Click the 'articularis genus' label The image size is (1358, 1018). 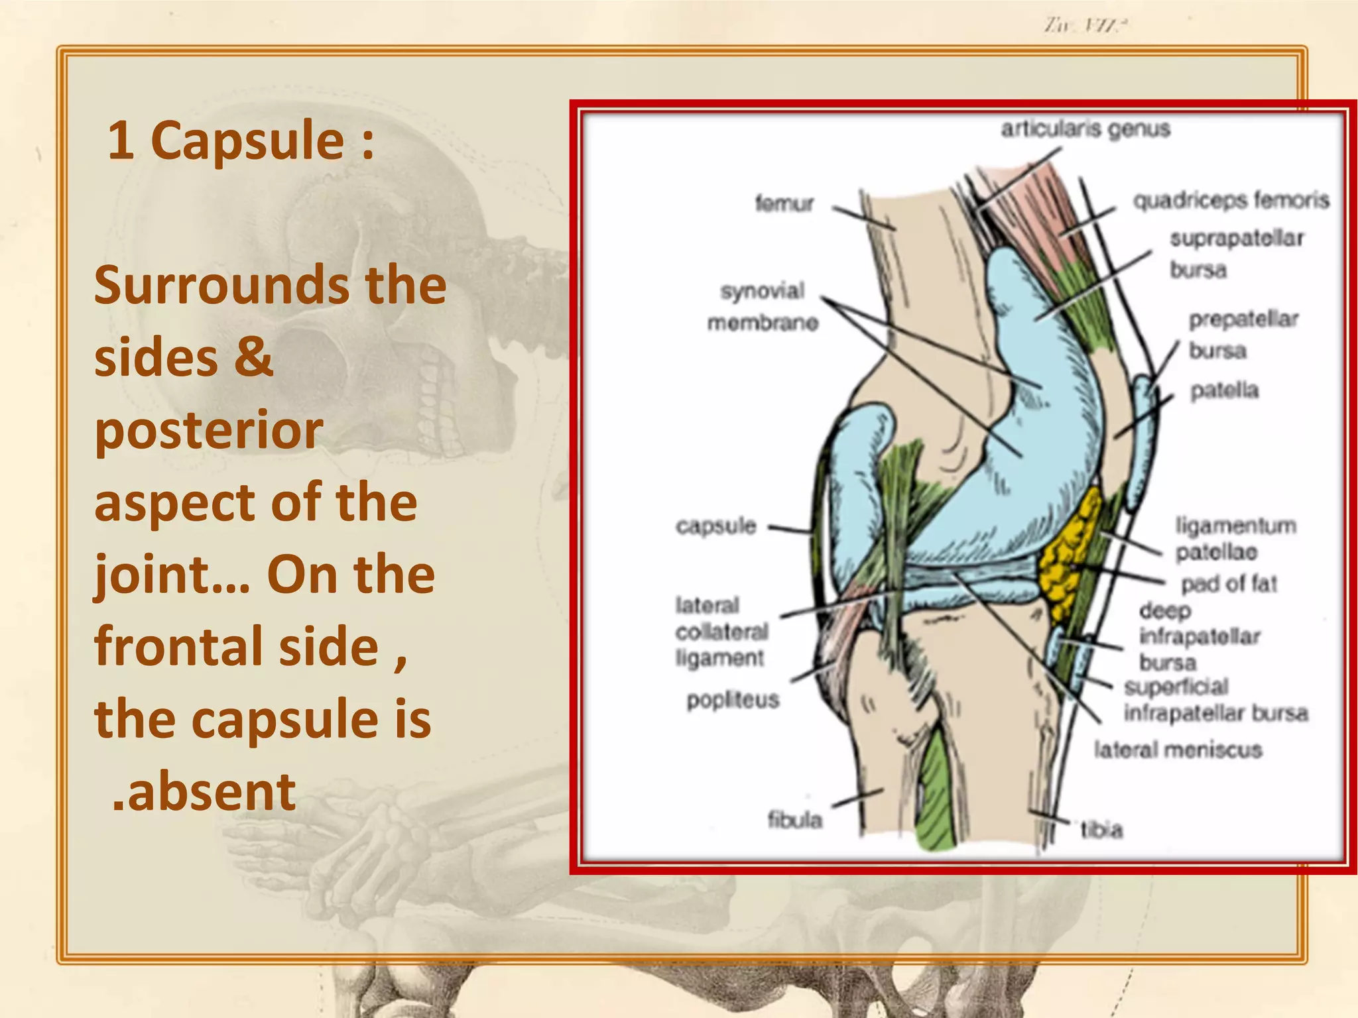click(1085, 129)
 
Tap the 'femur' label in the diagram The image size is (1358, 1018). click(784, 203)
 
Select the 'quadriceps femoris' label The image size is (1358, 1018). click(1231, 199)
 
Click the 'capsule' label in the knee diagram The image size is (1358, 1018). click(715, 526)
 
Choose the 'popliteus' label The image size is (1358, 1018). click(733, 700)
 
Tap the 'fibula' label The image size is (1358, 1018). click(794, 820)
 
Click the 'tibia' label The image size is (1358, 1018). click(1101, 829)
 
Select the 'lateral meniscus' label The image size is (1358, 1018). click(1178, 750)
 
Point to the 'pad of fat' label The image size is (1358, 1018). click(1229, 583)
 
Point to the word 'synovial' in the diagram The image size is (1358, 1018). click(762, 291)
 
